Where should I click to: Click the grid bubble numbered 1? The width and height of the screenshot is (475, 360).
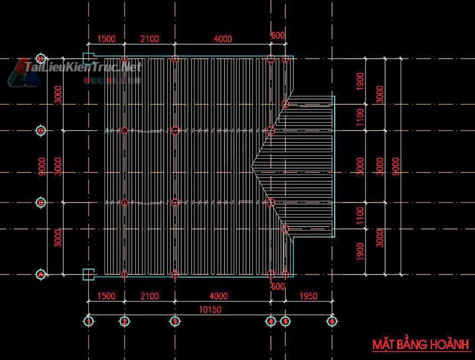tap(89, 321)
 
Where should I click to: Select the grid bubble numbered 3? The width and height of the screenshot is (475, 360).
tap(175, 321)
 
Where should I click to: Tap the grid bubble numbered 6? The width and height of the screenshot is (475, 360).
tap(332, 321)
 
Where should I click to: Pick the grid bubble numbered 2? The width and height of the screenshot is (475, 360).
tap(125, 321)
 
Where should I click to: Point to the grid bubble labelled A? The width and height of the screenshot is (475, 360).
tap(41, 274)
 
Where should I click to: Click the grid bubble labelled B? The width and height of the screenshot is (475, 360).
tap(41, 202)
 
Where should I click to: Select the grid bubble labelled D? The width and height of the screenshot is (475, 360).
tap(41, 59)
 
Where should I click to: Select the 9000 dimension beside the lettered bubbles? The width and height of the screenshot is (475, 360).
tap(42, 166)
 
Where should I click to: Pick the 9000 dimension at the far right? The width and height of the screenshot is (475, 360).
tap(396, 166)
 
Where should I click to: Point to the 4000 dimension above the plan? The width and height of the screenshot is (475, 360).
tap(222, 39)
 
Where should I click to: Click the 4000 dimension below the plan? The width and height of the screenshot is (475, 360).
tap(218, 296)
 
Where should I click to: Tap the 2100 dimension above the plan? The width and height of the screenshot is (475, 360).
tap(149, 39)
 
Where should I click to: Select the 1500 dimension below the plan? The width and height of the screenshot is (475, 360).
tap(106, 296)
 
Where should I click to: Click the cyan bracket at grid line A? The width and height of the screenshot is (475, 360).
tap(87, 274)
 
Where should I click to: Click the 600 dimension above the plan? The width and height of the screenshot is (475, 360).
tap(277, 35)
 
